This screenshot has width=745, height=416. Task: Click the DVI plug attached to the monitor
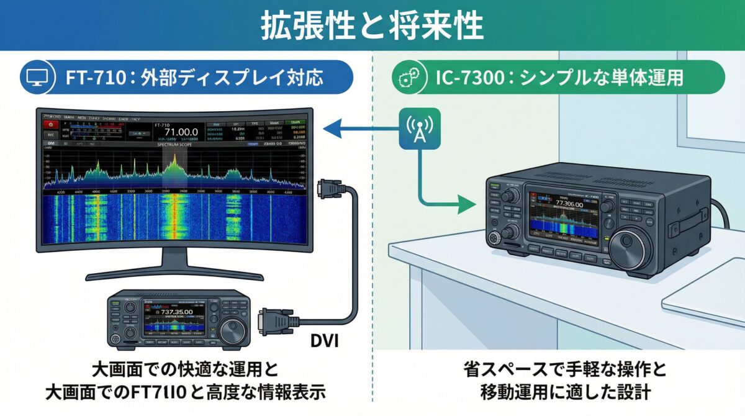click(328, 190)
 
